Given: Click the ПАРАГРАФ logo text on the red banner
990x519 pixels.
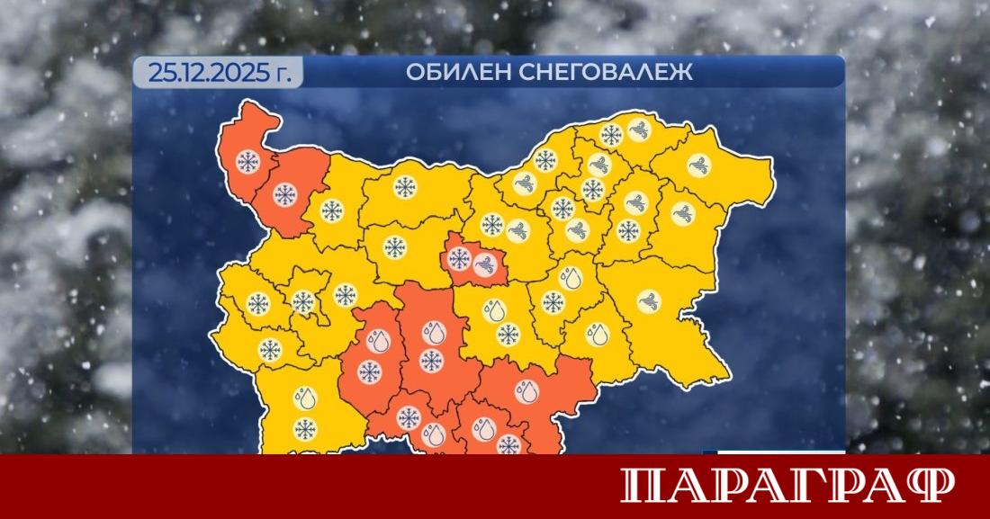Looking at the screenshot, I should (x=787, y=486).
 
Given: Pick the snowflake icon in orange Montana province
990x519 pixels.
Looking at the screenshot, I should (x=285, y=195).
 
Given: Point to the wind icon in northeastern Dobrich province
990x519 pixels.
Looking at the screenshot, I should (x=698, y=165).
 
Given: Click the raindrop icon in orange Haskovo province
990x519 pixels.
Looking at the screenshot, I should (x=523, y=391).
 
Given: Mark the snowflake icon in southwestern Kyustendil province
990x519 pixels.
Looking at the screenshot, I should (x=267, y=351).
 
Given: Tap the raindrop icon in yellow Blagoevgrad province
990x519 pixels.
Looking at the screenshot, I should (x=305, y=397).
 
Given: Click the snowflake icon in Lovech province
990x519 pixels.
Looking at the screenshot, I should (x=393, y=246).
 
